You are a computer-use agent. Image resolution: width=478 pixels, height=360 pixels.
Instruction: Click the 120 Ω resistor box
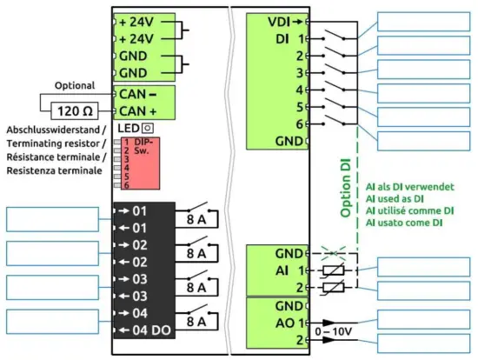pos(76,110)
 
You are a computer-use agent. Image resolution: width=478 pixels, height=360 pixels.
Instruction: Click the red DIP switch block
pos(136,163)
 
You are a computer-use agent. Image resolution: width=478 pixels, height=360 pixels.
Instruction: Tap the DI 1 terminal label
pos(287,38)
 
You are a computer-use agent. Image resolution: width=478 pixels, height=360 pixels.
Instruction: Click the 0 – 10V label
pos(337,331)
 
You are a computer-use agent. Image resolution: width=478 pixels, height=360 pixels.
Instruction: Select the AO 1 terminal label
pos(286,322)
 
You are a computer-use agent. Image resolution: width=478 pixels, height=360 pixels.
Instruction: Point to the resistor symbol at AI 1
pos(335,271)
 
